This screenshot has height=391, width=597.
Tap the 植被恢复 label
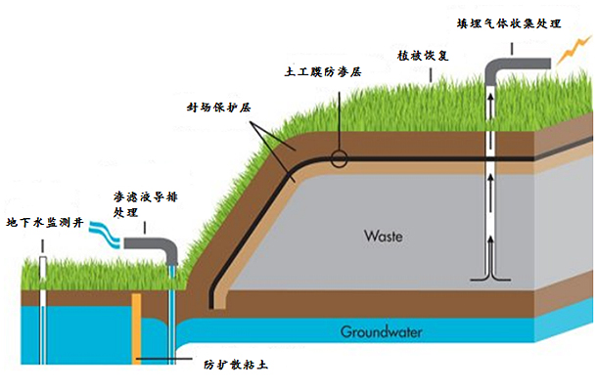tap(425, 57)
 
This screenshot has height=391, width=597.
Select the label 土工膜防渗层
tap(323, 72)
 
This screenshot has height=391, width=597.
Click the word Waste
tap(384, 237)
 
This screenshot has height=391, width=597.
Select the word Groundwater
tap(382, 332)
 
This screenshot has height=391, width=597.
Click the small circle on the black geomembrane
tap(340, 159)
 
